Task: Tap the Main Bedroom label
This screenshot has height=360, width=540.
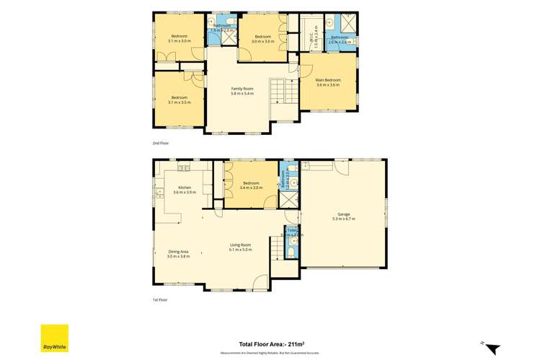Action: tap(327, 80)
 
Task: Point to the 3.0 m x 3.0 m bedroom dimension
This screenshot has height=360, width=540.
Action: tap(262, 42)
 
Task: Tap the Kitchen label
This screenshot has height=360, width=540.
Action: tap(185, 187)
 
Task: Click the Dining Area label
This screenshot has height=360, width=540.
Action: tap(178, 251)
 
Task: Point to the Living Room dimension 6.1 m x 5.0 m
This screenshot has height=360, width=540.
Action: tap(240, 250)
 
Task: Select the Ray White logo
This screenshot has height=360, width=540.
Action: tap(54, 338)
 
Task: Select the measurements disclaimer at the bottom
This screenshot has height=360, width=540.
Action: tap(270, 354)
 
